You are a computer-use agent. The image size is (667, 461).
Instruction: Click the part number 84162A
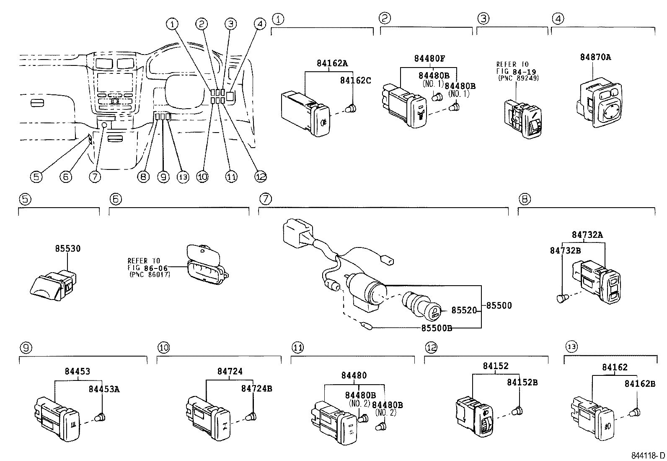click(x=332, y=63)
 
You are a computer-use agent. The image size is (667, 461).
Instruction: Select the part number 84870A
click(x=595, y=57)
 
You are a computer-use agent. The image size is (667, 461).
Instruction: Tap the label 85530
click(x=67, y=248)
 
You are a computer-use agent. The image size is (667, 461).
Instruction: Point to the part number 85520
click(x=464, y=310)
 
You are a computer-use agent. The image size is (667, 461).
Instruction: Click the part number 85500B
click(x=436, y=328)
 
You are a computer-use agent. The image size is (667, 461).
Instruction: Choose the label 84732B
click(x=565, y=250)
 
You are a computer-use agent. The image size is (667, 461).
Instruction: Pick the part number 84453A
click(x=104, y=389)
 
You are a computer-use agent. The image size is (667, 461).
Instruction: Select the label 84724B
click(x=256, y=389)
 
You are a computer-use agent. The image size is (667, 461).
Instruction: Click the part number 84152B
click(x=522, y=382)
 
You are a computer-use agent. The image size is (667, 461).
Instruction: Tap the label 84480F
click(x=429, y=59)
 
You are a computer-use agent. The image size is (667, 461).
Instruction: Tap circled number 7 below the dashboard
click(x=95, y=177)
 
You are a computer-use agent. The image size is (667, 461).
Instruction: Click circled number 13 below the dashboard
click(x=183, y=177)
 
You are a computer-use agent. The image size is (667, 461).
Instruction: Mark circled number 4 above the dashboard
click(x=260, y=24)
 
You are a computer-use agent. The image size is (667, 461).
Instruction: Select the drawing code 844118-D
click(x=649, y=456)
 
